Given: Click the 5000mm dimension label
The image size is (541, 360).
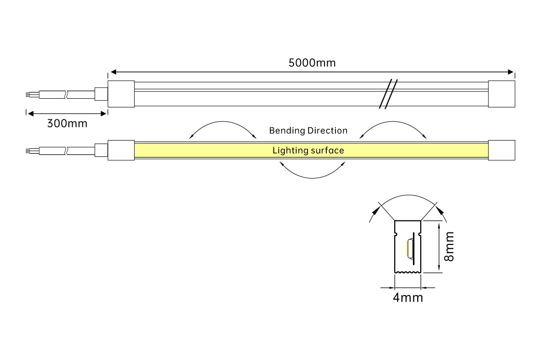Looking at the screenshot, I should coord(312,63).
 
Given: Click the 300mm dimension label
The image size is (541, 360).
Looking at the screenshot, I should coord(67,123).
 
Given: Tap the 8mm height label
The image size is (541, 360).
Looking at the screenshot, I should coord(449,246).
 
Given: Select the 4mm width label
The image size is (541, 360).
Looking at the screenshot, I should coord(408,297).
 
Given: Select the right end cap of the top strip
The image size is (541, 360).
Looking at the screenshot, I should coord(502,93).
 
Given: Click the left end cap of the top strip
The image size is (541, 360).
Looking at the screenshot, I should coord(120,93).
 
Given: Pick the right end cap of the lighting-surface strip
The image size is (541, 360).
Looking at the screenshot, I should coord(502,150).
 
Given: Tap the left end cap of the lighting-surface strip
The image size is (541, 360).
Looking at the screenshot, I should coord(120,150).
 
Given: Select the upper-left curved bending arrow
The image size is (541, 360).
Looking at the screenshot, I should coord(223,123).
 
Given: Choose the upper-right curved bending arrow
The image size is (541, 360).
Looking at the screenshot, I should coord(393,123).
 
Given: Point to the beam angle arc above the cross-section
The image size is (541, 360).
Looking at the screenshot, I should coord(408,196).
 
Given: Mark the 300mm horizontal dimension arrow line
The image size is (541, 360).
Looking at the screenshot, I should coord(66,114).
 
